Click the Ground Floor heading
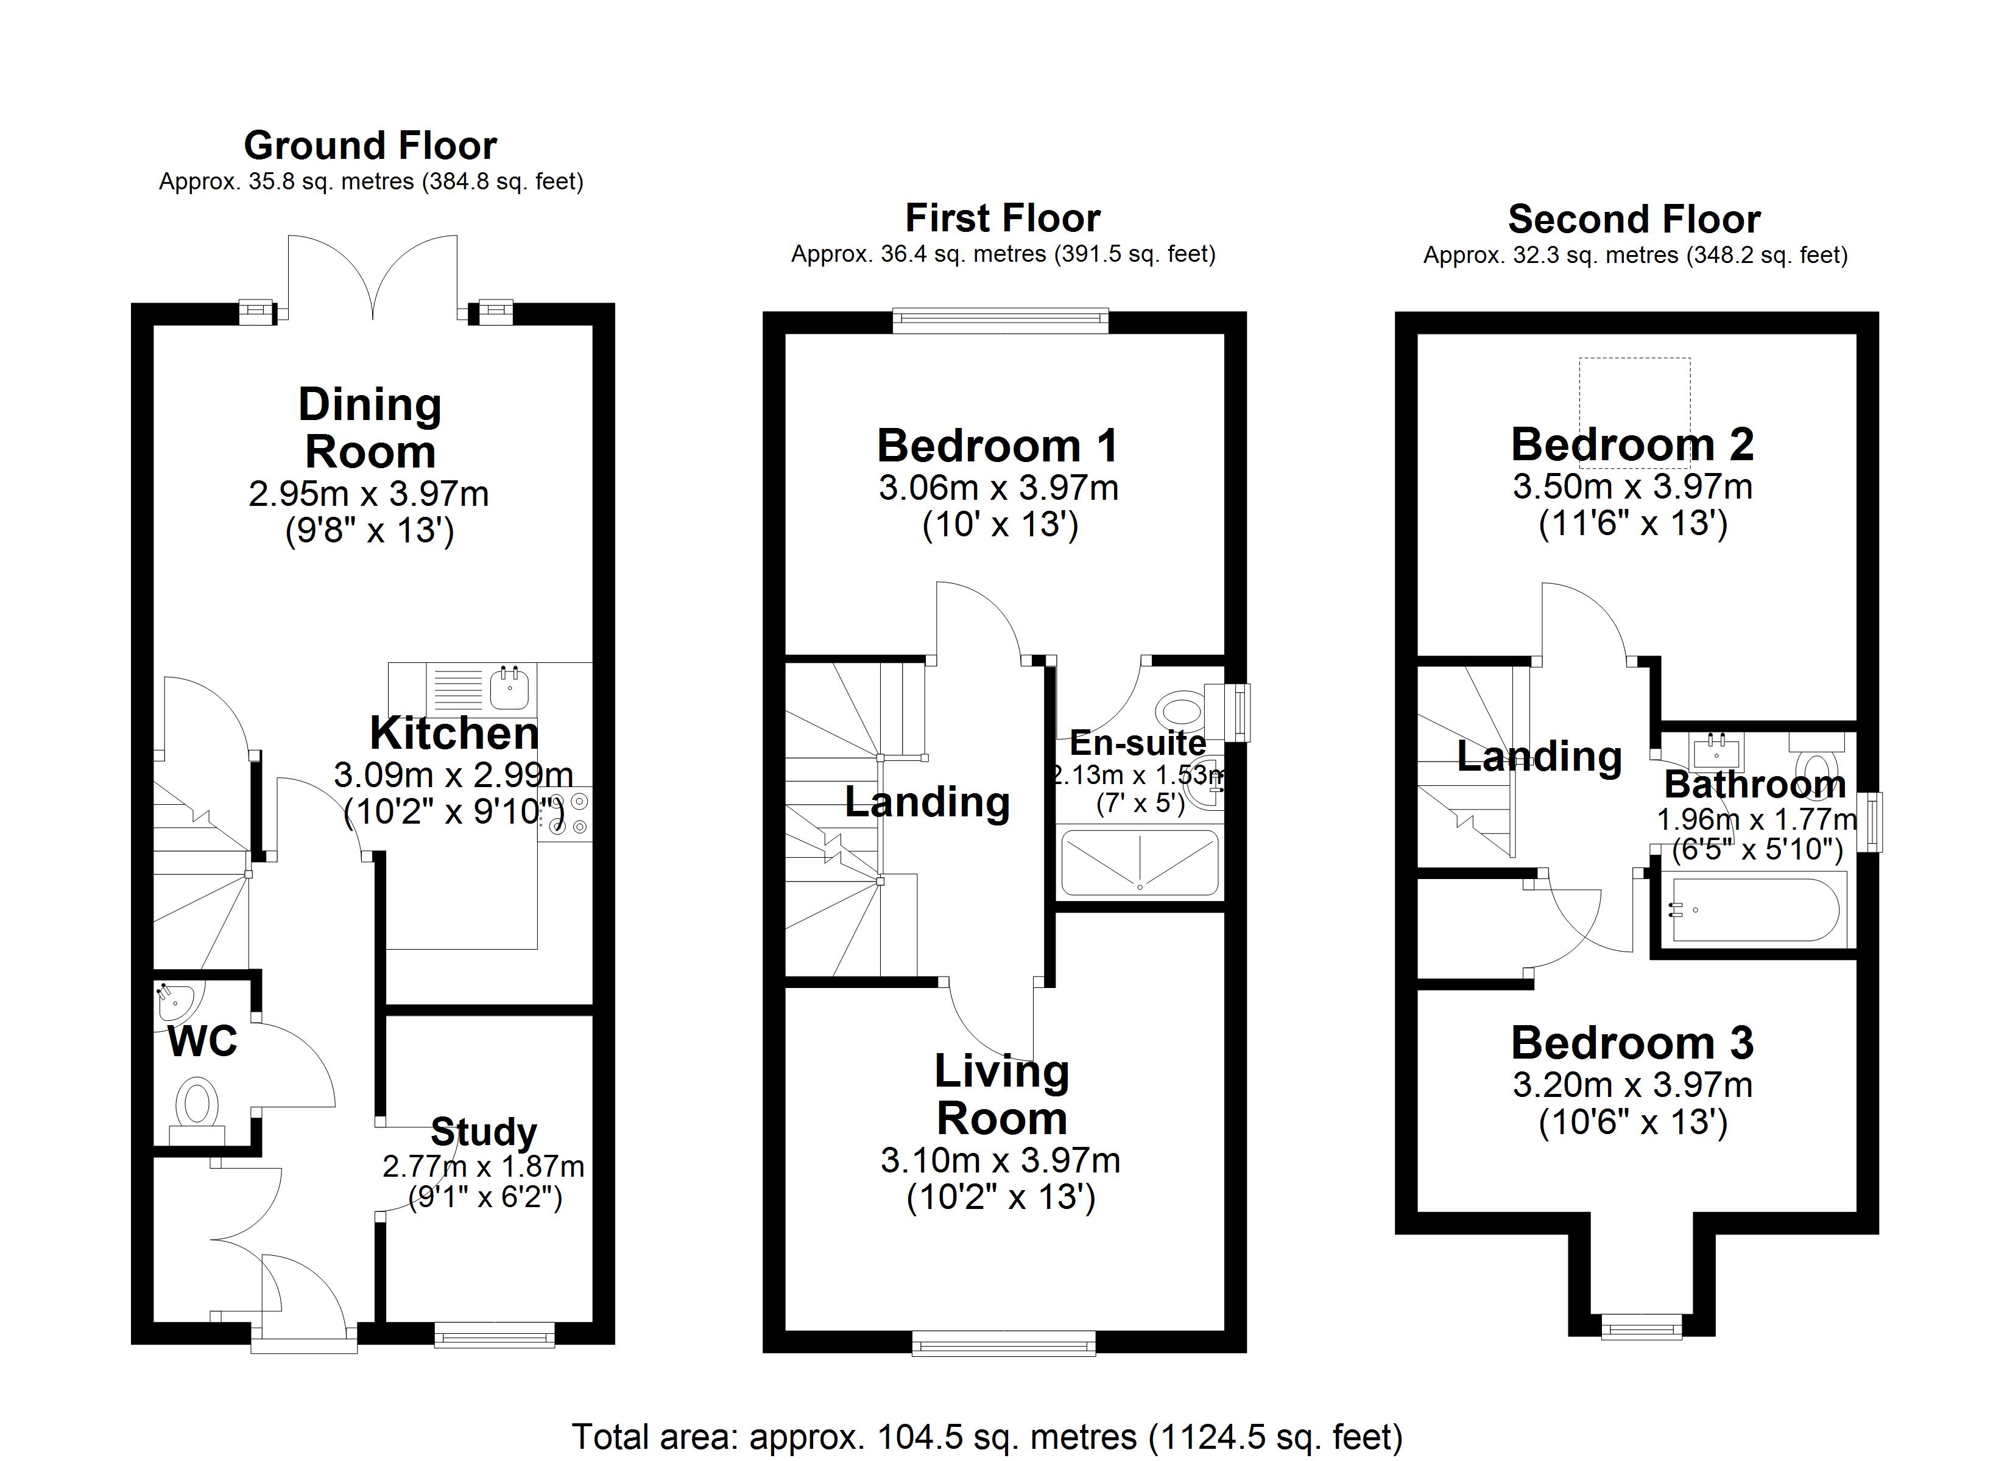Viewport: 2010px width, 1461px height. point(370,146)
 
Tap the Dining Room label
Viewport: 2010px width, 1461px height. point(370,428)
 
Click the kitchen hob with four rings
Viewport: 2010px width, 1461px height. point(567,813)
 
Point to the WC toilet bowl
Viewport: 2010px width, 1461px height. point(197,1104)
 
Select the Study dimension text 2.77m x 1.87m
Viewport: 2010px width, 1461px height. point(483,1166)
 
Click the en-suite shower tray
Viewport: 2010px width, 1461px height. point(1139,862)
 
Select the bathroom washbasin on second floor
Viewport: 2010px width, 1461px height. point(1716,753)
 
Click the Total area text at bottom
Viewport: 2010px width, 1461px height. point(986,1436)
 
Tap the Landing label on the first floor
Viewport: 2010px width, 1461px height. point(927,802)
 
